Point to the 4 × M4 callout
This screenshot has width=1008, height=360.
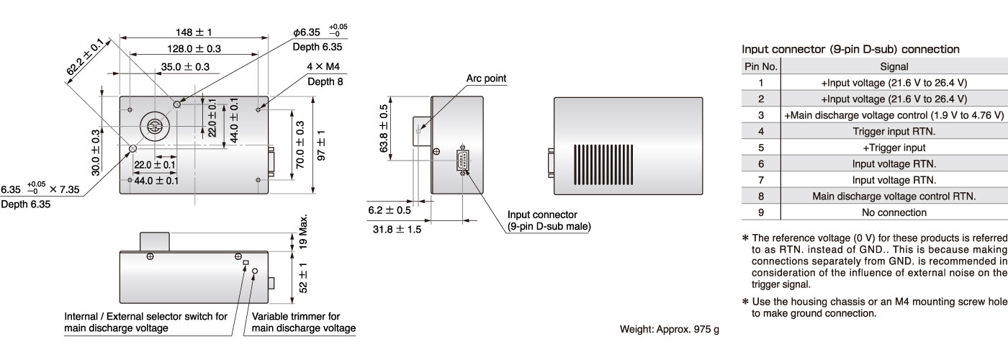pos(323,68)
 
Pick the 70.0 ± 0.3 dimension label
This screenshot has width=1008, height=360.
pos(300,147)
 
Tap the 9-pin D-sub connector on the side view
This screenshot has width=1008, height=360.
pos(462,158)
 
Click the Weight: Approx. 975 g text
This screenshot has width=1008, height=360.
pos(669,330)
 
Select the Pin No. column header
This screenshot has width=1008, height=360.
pos(760,66)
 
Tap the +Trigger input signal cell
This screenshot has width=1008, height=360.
pos(894,148)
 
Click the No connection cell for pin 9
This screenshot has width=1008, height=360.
pos(894,212)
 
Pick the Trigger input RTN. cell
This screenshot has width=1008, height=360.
pos(894,131)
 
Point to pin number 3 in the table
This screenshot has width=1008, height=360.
pos(760,115)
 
